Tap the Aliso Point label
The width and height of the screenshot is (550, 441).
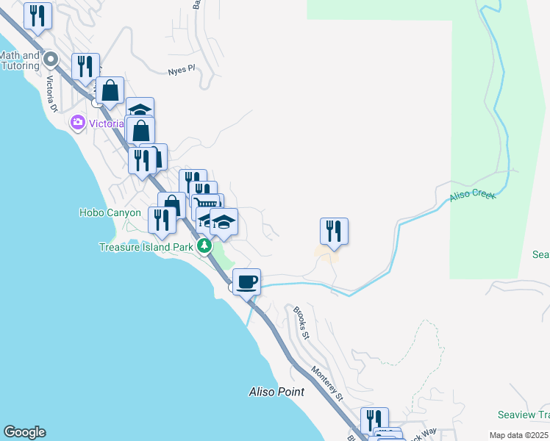pos(276,392)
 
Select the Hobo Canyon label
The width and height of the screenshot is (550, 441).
pos(110,212)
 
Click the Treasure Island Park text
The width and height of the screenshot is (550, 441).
pos(146,247)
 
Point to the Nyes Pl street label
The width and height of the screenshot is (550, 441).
pos(180,70)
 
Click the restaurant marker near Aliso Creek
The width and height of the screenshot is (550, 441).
pos(334,231)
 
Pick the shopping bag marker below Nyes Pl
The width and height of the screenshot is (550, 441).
pos(110,91)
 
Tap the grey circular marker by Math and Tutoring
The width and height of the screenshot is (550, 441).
pos(51,58)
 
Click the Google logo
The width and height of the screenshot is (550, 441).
pos(24,432)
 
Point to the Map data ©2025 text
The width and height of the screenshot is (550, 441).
pos(518,435)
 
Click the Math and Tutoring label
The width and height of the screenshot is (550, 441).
pos(20,60)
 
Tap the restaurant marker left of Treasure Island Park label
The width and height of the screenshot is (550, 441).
pos(162,220)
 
